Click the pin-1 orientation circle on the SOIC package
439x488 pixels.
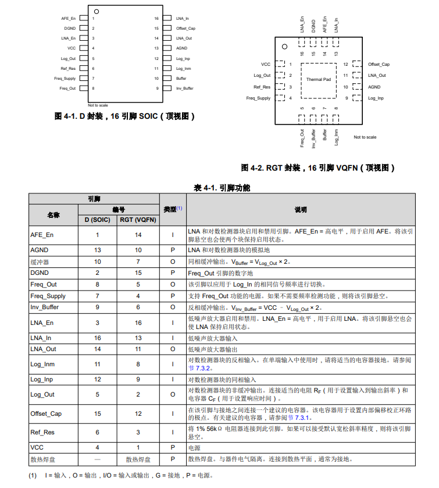tap(97, 12)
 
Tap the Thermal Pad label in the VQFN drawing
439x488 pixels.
tap(318, 80)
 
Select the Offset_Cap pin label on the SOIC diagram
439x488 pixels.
tap(185, 29)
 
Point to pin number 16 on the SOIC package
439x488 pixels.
tap(156, 19)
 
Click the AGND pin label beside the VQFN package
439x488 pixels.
tap(374, 87)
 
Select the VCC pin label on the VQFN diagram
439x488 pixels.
tap(266, 64)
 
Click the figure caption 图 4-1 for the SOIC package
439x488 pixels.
tap(124, 116)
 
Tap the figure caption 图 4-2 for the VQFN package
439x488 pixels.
tap(317, 168)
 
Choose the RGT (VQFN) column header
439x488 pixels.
tap(138, 220)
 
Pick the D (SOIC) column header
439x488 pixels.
tap(97, 220)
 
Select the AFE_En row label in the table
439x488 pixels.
tap(42, 235)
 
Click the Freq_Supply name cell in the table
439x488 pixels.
tap(48, 296)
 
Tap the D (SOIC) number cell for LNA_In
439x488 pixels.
tap(97, 338)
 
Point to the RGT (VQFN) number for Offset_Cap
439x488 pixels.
tap(138, 413)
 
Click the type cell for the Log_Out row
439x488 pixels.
tap(173, 394)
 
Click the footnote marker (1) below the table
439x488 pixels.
tap(33, 476)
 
